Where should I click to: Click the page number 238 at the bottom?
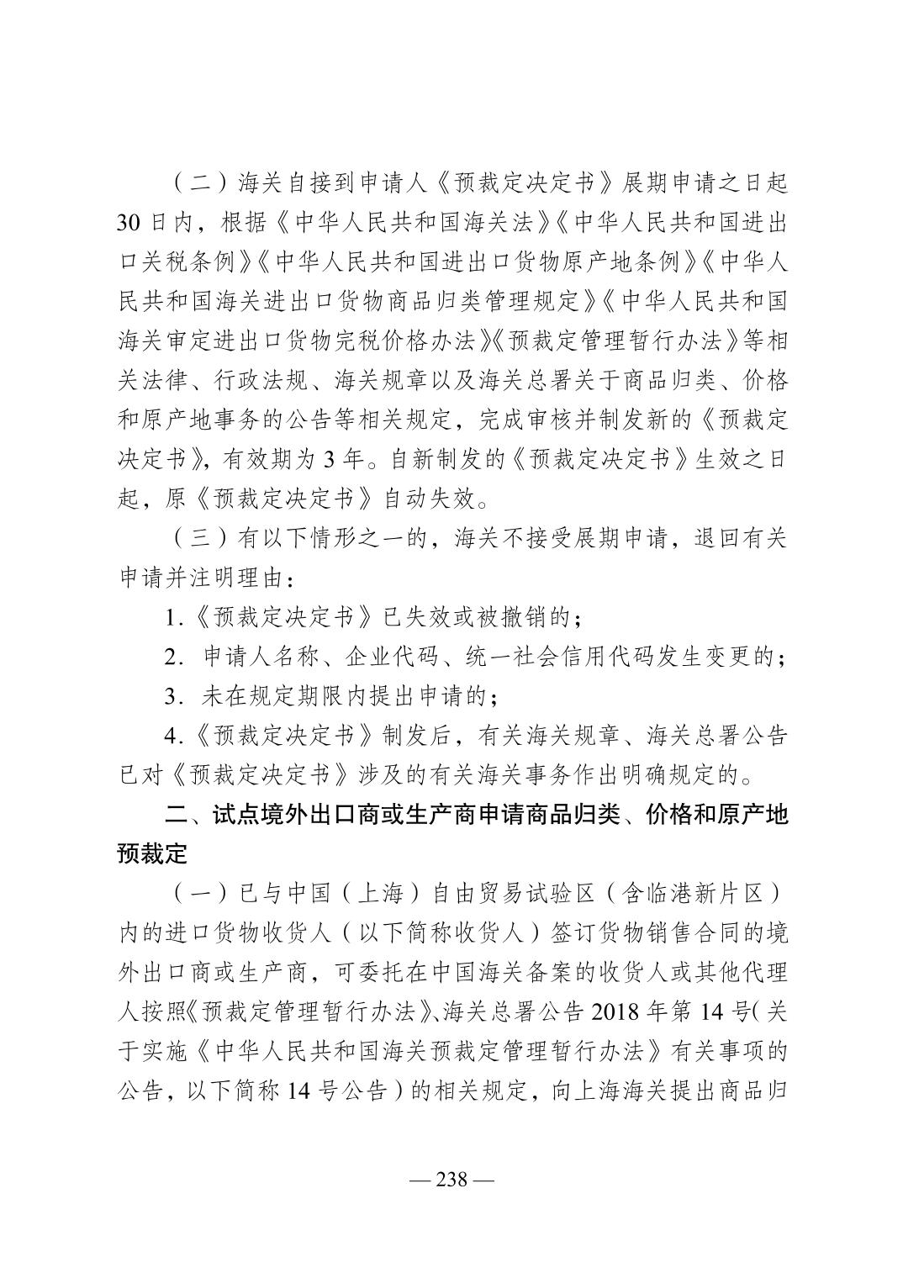coord(451,1179)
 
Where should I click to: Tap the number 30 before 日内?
coord(133,224)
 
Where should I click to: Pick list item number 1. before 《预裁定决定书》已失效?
coord(173,619)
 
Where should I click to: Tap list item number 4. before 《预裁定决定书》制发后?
coord(173,737)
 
